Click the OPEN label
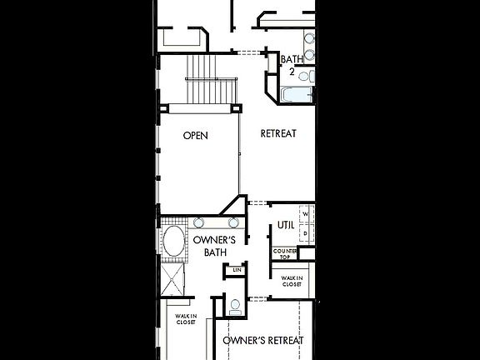pos(196,135)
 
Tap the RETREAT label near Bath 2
pos(278,133)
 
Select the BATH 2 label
pos(292,65)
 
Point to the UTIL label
pos(286,225)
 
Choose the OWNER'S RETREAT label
pos(262,340)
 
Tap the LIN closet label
pos(237,271)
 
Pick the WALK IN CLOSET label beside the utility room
pos(291,282)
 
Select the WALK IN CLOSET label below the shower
pos(186,318)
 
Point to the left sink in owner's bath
pos(201,222)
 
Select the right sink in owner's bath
pos(233,222)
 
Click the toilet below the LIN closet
pos(235,305)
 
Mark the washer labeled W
pos(306,215)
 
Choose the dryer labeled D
pos(306,234)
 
